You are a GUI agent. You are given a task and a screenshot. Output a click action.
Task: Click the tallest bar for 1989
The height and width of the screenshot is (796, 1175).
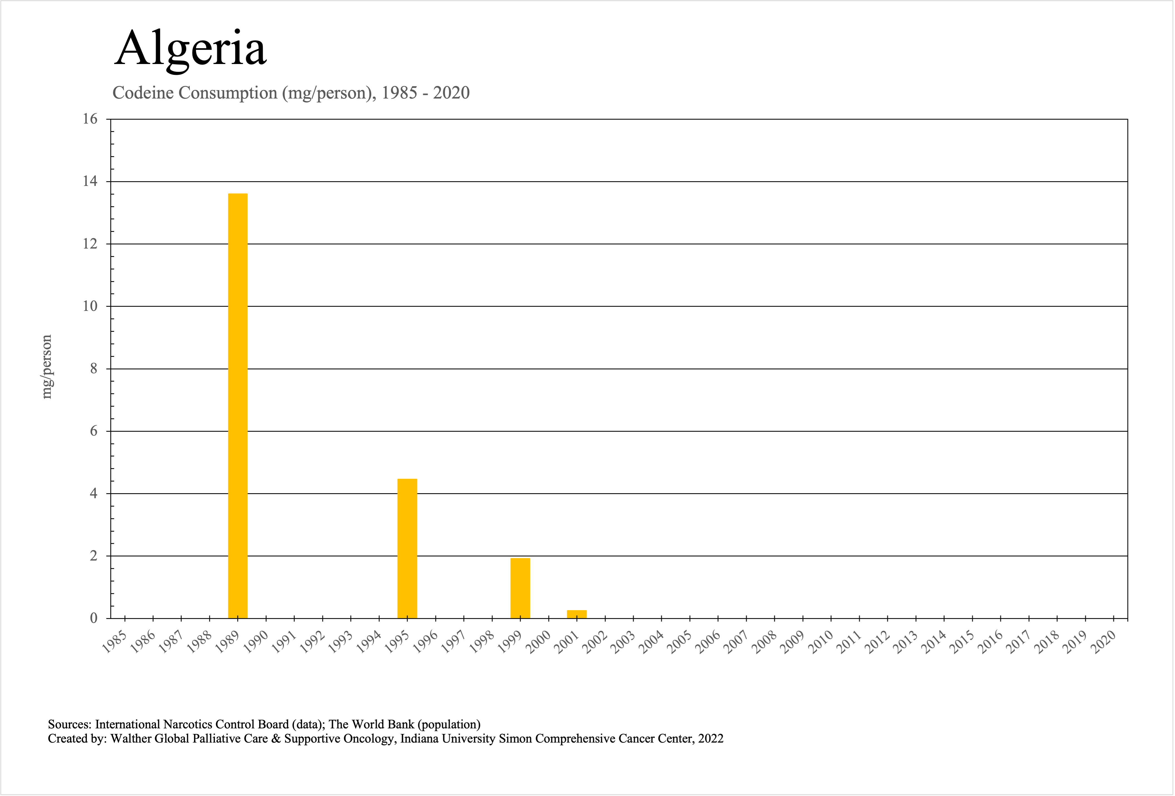238,404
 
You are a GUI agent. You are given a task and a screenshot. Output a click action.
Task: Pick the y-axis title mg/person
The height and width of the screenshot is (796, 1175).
46,367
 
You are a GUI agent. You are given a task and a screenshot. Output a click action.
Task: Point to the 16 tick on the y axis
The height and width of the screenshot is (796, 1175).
90,119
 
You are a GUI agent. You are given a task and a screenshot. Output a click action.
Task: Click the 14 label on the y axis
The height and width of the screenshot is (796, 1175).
90,181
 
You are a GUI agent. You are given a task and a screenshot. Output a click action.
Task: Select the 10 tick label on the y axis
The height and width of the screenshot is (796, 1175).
90,306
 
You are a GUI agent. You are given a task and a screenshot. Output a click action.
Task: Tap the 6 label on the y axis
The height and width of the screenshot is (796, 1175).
94,431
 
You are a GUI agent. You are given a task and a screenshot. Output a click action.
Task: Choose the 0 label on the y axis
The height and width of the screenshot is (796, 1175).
94,618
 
